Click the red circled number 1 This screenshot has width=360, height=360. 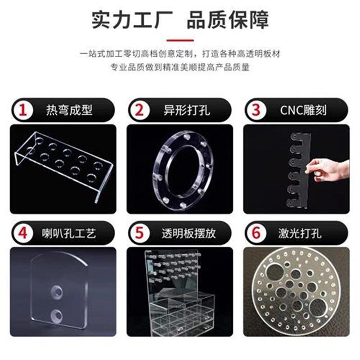pos(22,110)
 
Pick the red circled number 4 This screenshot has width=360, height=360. pos(22,233)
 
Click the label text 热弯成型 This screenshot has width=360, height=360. pos(69,110)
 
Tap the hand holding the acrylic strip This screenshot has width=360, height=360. pos(328,169)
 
